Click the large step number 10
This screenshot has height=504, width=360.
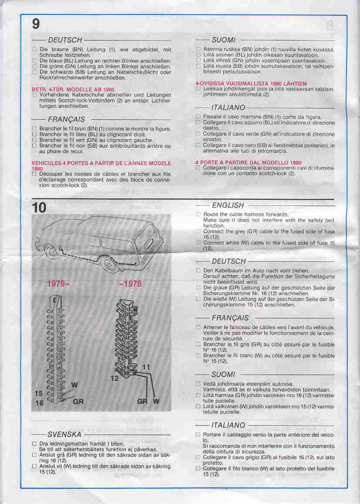tap(39, 208)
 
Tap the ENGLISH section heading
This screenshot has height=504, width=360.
tap(227, 205)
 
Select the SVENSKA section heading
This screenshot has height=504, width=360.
tap(64, 435)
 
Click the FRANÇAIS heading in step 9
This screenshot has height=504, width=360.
tap(66, 119)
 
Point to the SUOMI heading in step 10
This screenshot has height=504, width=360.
tap(223, 375)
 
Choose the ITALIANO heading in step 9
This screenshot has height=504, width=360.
tap(228, 107)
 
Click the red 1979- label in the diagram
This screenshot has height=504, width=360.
tap(59, 284)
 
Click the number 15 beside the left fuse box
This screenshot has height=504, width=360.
tap(39, 393)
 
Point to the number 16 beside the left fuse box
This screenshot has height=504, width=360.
tap(39, 403)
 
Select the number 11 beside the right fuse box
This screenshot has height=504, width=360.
tap(146, 367)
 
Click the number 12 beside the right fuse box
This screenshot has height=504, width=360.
tap(114, 378)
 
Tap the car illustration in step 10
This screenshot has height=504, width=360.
tap(103, 244)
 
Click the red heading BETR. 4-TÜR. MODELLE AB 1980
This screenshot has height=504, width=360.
tap(73, 89)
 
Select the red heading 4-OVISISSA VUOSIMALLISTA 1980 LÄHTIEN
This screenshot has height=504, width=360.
tap(251, 84)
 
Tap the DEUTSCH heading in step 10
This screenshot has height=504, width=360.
tap(228, 261)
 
